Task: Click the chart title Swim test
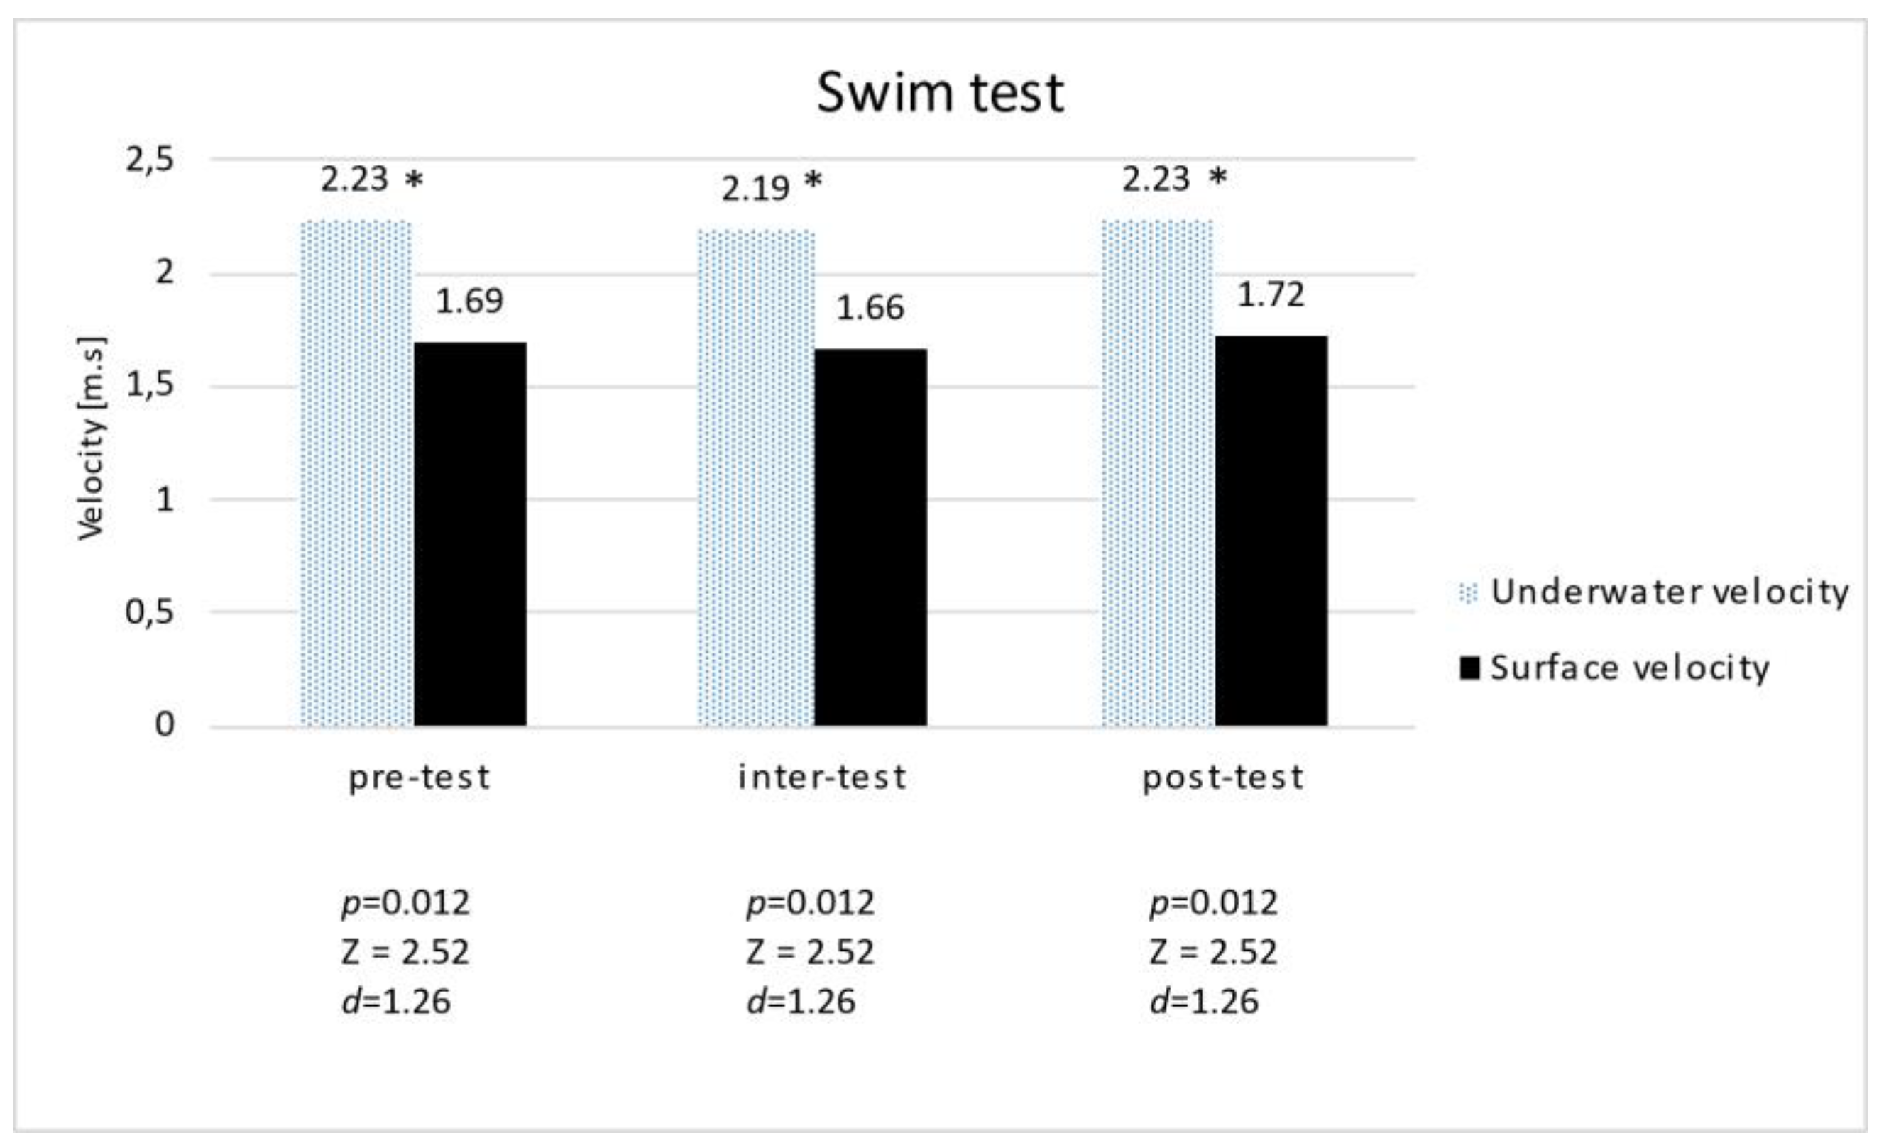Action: point(940,93)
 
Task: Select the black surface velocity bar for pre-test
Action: point(470,533)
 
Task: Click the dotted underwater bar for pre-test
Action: point(356,472)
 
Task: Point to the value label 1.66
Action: point(870,308)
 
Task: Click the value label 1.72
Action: point(1271,295)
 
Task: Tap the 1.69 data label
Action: point(469,301)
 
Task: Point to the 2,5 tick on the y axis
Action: point(150,160)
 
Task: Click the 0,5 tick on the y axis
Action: point(150,612)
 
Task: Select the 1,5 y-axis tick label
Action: point(150,385)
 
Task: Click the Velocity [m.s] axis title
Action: point(92,438)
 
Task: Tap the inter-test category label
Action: point(822,778)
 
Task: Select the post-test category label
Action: point(1223,778)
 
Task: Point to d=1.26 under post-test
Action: point(1204,1002)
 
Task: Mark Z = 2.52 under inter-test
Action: point(810,952)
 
